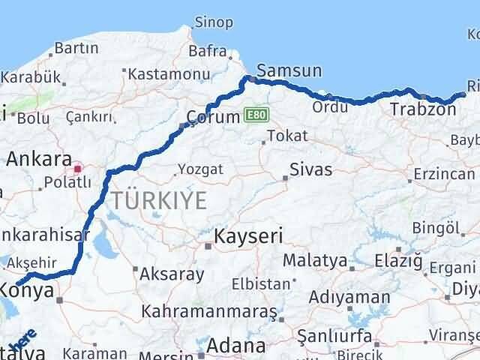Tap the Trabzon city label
(x=423, y=109)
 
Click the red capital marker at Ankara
(x=77, y=160)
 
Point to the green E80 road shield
(x=255, y=115)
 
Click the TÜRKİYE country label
(x=159, y=200)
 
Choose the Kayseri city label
(x=248, y=236)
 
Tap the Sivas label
(x=309, y=169)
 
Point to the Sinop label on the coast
(x=214, y=22)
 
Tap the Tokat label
(x=287, y=135)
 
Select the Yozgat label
(x=202, y=169)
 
